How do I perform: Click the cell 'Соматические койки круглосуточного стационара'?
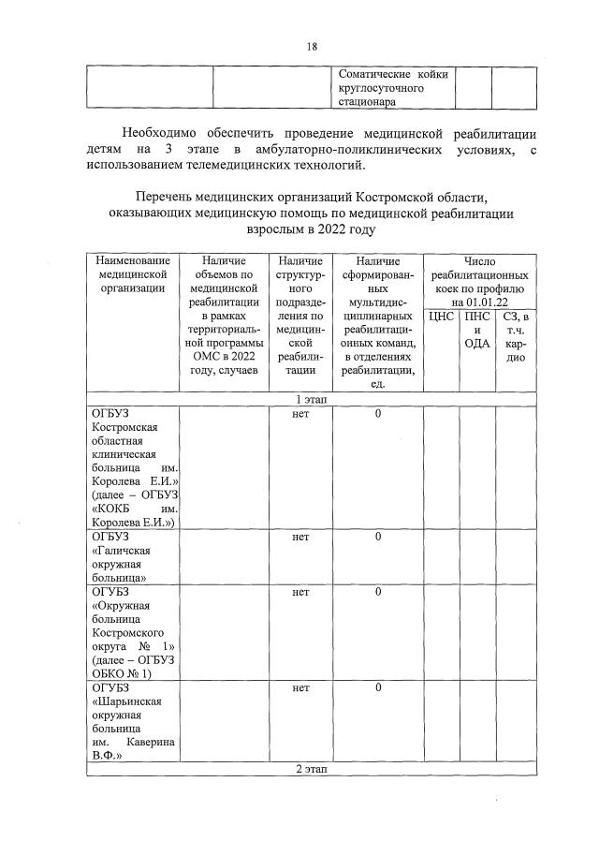(393, 86)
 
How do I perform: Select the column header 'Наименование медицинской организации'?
(132, 274)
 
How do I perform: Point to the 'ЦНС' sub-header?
(441, 317)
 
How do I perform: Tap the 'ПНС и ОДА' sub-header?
(477, 330)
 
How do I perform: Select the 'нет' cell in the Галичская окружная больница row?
(300, 537)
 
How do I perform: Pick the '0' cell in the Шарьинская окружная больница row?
(378, 688)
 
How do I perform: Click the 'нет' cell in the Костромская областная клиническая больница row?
(300, 414)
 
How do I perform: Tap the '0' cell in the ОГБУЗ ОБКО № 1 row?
(378, 592)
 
